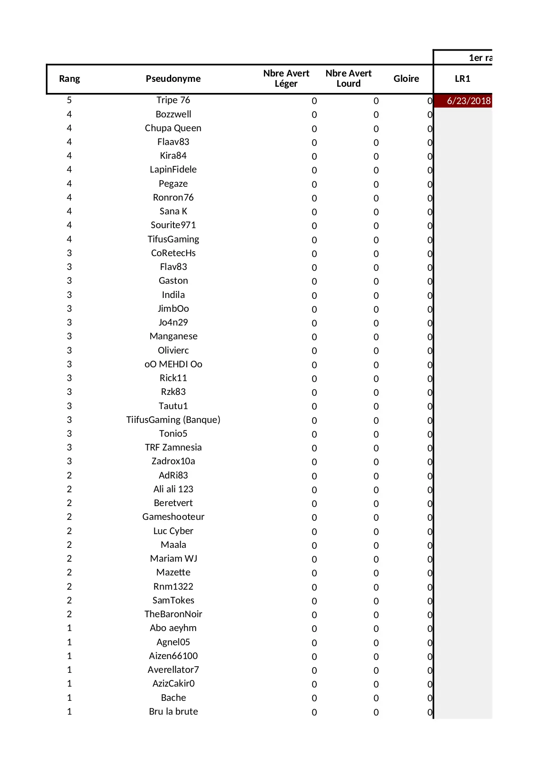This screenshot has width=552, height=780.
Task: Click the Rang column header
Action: click(x=69, y=79)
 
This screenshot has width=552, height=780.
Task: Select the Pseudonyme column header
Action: click(x=173, y=79)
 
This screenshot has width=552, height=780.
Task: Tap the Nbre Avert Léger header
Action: click(x=286, y=78)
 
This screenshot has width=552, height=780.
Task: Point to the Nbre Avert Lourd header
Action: click(x=348, y=78)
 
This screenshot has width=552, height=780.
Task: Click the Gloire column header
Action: click(x=406, y=79)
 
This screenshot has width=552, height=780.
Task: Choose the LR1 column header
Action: click(x=463, y=79)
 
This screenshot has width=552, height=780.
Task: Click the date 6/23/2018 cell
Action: click(x=468, y=101)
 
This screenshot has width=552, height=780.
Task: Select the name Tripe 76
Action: click(x=173, y=100)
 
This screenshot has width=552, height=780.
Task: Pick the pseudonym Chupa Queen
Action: click(x=173, y=128)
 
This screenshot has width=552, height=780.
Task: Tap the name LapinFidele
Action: click(x=173, y=169)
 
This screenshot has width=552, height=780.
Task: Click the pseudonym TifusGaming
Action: click(x=173, y=239)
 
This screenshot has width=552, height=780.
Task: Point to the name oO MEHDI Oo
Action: click(x=173, y=364)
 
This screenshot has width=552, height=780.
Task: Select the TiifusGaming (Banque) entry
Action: click(x=173, y=420)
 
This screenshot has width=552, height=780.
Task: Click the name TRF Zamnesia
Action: click(x=173, y=447)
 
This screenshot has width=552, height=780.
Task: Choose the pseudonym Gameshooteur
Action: click(x=173, y=517)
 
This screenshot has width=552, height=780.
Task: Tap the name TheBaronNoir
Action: click(x=173, y=614)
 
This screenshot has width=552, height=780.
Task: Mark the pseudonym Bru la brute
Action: click(x=173, y=712)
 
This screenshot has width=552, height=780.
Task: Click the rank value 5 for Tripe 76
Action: click(x=69, y=100)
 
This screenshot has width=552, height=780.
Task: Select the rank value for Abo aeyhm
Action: click(x=69, y=628)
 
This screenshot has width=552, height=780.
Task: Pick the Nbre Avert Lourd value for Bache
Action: click(x=376, y=698)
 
